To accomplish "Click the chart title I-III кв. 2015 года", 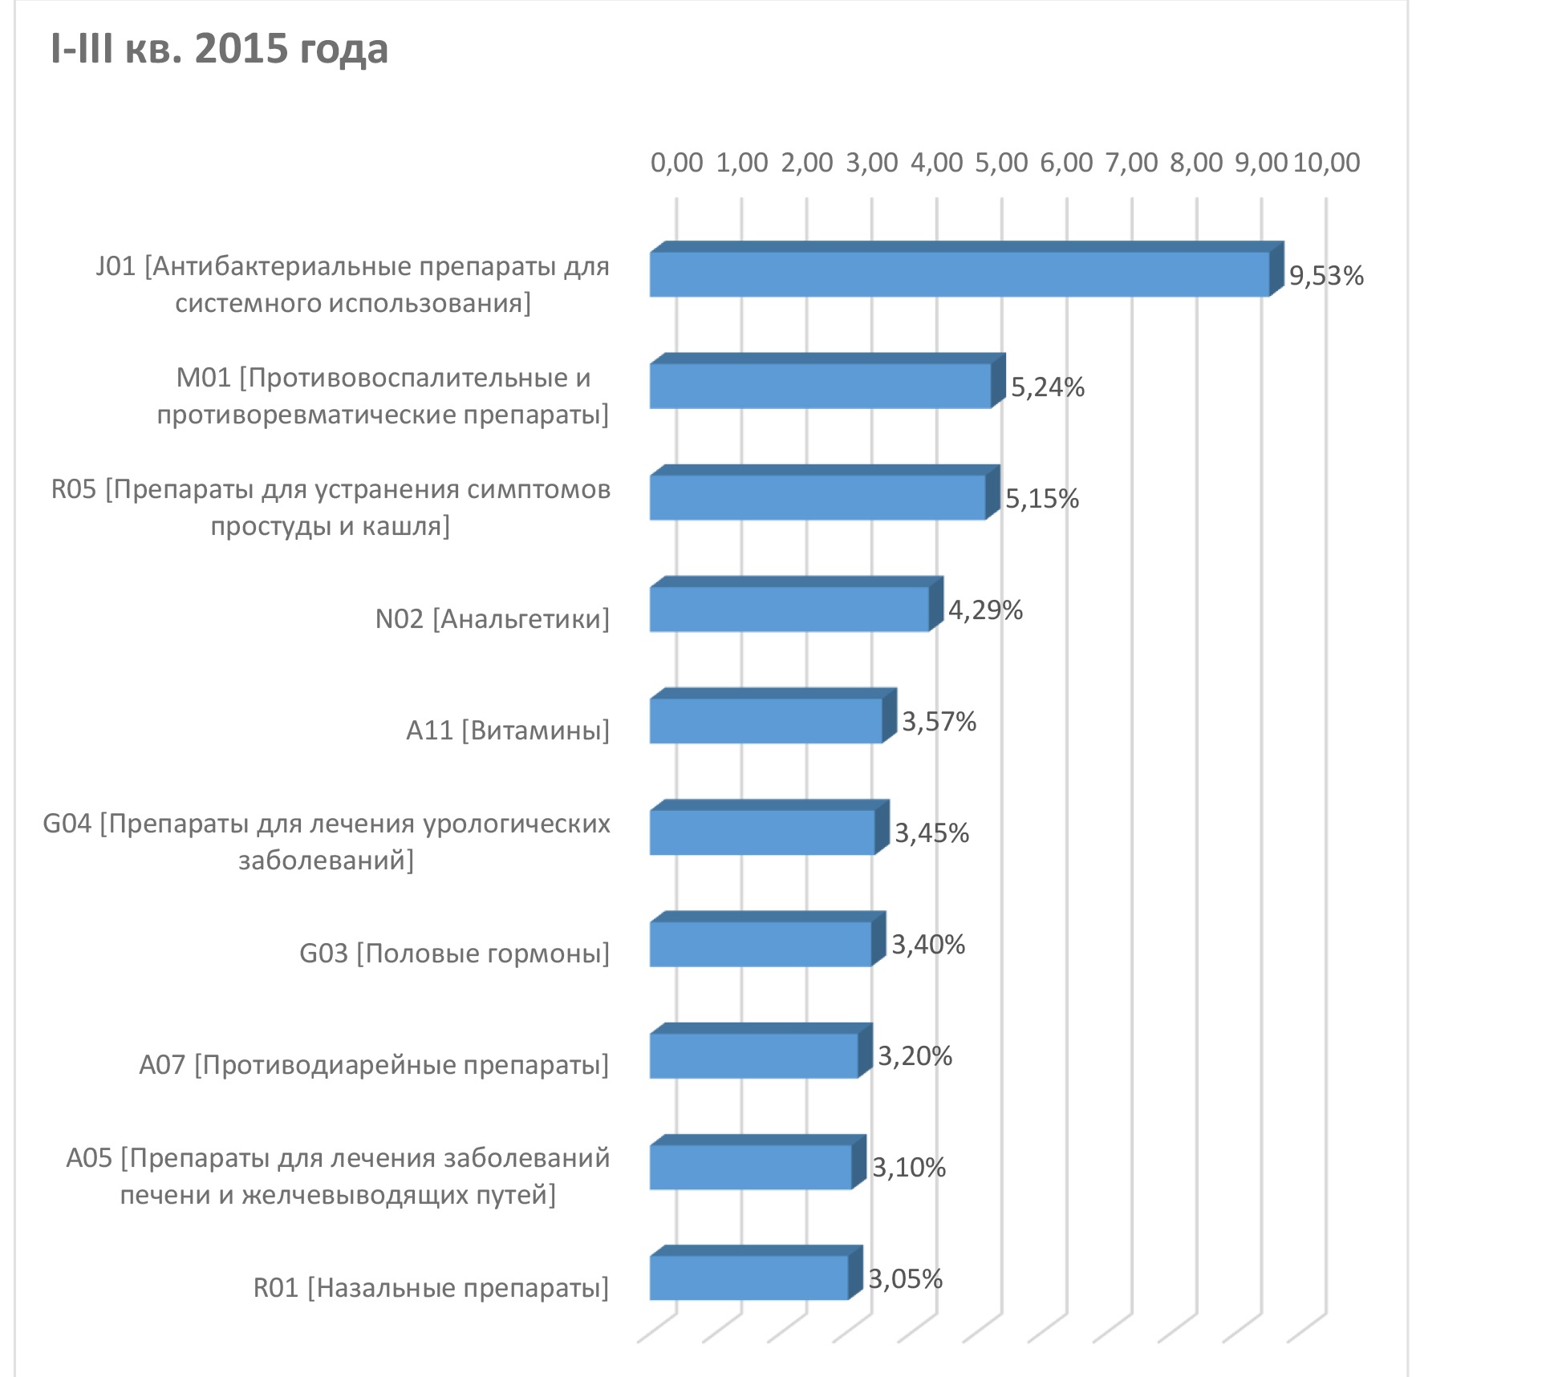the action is point(219,50).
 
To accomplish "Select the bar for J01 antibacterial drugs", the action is point(967,269).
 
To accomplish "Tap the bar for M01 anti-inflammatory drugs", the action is point(827,381).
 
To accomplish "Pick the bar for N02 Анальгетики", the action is point(796,604).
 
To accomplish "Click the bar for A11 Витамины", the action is point(773,715).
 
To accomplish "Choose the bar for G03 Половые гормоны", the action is point(768,939).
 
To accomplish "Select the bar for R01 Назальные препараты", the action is point(756,1273).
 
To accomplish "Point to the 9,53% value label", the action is point(1326,276).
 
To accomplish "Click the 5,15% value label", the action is point(1042,499).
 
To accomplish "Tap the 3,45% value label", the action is point(932,833).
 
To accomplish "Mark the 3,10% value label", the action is point(909,1168).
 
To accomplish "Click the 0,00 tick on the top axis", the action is point(676,163).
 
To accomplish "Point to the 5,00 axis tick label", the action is point(1001,163).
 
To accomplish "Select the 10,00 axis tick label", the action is point(1327,163).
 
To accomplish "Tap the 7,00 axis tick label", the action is point(1131,163).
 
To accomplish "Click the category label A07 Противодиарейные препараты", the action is point(374,1065).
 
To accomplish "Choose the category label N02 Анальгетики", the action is point(493,619).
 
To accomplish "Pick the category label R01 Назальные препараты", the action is point(431,1288).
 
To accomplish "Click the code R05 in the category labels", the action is point(74,489).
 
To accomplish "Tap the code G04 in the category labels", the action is point(67,824).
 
